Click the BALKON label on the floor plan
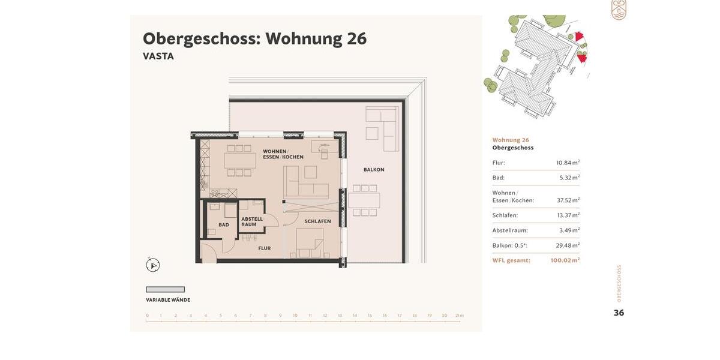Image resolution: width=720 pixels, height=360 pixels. pyautogui.click(x=374, y=170)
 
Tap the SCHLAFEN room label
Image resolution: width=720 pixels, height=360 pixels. pyautogui.click(x=317, y=221)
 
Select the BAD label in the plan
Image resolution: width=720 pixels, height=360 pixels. pyautogui.click(x=224, y=225)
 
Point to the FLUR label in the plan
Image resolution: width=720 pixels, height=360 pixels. pyautogui.click(x=265, y=248)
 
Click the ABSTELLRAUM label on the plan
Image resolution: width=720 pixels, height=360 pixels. pyautogui.click(x=252, y=222)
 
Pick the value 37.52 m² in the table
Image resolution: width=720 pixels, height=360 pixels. pyautogui.click(x=568, y=200)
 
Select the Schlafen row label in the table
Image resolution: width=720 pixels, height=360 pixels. pyautogui.click(x=505, y=215)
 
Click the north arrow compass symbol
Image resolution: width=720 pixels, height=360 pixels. pyautogui.click(x=152, y=265)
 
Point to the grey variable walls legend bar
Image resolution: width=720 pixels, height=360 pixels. pyautogui.click(x=166, y=289)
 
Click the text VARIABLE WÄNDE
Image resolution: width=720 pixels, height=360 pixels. pyautogui.click(x=168, y=300)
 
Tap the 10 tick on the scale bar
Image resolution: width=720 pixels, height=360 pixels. pyautogui.click(x=295, y=316)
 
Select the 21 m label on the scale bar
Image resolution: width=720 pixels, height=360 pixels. pyautogui.click(x=460, y=316)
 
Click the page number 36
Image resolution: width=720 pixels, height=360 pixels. pyautogui.click(x=619, y=313)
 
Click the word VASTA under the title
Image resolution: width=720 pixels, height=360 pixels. pyautogui.click(x=158, y=56)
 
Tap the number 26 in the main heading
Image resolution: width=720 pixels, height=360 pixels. pyautogui.click(x=356, y=38)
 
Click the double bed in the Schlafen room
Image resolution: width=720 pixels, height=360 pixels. pyautogui.click(x=310, y=243)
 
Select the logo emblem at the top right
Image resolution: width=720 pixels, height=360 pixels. pyautogui.click(x=619, y=10)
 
